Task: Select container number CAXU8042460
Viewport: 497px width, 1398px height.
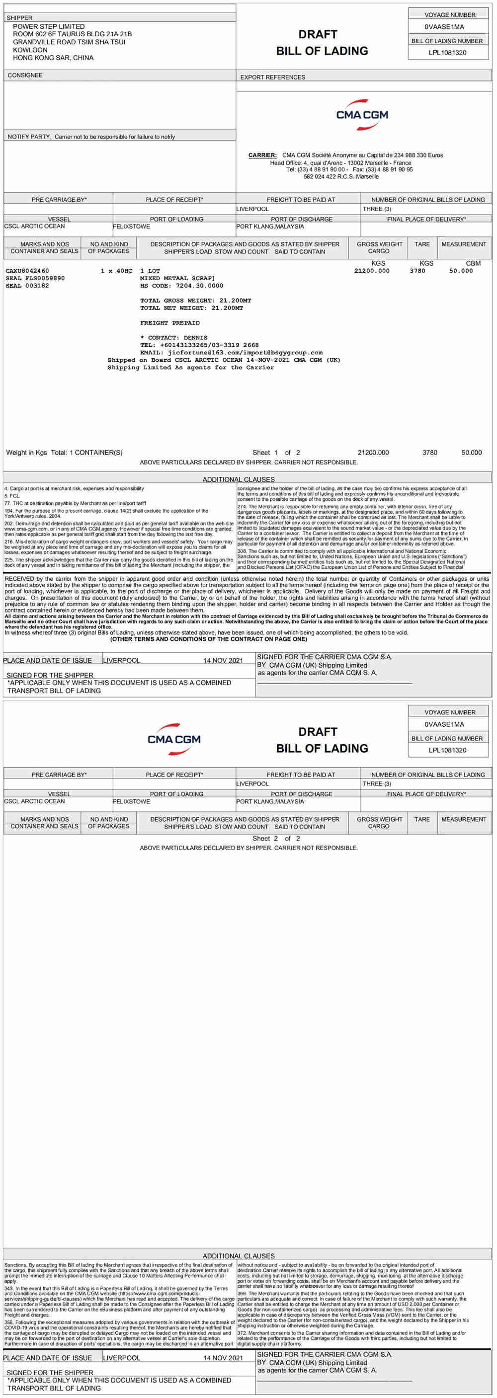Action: [x=27, y=271]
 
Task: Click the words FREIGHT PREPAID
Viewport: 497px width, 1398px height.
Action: [x=170, y=323]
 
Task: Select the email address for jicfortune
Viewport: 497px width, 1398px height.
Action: [x=245, y=352]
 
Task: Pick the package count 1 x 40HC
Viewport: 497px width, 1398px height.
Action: [x=116, y=271]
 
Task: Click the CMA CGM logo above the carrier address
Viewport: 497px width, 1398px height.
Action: [x=362, y=114]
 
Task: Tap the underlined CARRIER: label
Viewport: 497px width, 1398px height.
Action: [x=262, y=155]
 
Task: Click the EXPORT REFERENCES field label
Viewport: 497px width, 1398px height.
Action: [x=272, y=77]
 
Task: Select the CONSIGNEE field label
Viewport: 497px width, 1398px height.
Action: [x=25, y=76]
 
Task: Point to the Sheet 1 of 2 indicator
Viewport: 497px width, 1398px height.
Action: [x=276, y=453]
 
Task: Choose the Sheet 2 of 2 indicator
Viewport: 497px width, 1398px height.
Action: [x=276, y=839]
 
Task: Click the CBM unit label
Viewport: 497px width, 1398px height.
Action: [x=473, y=263]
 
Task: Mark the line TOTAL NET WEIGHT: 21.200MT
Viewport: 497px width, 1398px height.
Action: [x=191, y=308]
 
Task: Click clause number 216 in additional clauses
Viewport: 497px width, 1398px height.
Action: [x=8, y=542]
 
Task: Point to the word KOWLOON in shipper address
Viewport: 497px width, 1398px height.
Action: [x=30, y=50]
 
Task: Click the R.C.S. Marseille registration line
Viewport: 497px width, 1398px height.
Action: [x=341, y=176]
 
